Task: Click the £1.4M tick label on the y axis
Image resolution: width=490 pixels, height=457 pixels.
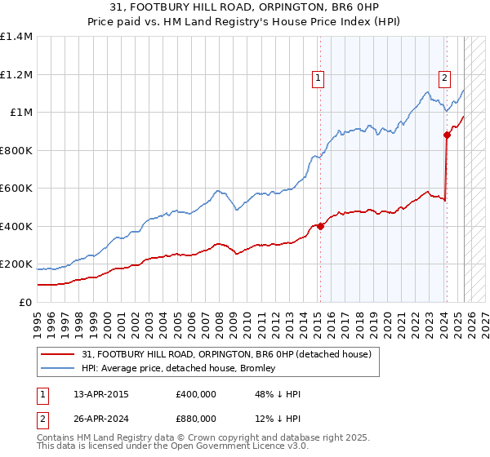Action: pyautogui.click(x=16, y=37)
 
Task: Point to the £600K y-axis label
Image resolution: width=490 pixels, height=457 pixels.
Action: pyautogui.click(x=16, y=189)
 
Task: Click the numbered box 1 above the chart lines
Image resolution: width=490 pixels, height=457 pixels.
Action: pyautogui.click(x=318, y=78)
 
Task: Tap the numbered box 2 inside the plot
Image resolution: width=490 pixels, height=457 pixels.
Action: pyautogui.click(x=444, y=78)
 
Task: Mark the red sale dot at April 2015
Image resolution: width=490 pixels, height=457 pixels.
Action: pyautogui.click(x=320, y=227)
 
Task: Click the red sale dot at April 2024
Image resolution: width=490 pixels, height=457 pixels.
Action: pyautogui.click(x=447, y=135)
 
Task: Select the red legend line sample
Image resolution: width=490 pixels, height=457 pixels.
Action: pyautogui.click(x=59, y=355)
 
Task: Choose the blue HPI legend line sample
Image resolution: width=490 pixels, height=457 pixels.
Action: pyautogui.click(x=59, y=369)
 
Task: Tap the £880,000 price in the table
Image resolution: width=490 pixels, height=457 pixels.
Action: pyautogui.click(x=195, y=419)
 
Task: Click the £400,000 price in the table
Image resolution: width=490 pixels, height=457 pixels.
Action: pyautogui.click(x=195, y=394)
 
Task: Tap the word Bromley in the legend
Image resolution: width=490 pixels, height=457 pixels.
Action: pyautogui.click(x=258, y=369)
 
